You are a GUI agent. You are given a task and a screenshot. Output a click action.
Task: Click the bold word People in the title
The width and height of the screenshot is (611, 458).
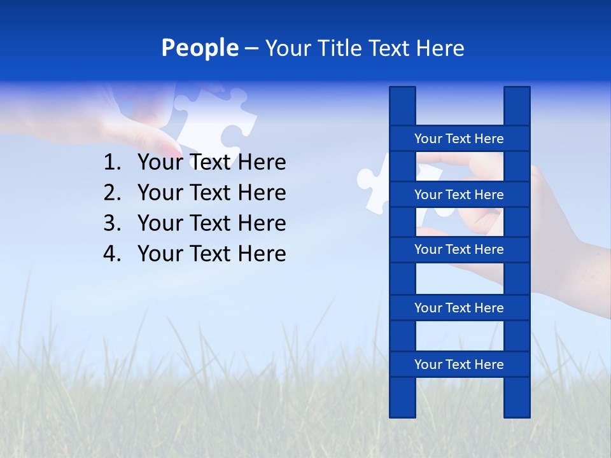tap(200, 48)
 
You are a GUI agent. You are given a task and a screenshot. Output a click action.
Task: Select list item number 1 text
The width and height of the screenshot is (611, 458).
tap(211, 162)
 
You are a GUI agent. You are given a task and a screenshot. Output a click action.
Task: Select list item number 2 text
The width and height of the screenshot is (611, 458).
tap(211, 193)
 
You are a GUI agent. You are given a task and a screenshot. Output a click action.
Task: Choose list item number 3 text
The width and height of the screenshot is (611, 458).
tap(211, 223)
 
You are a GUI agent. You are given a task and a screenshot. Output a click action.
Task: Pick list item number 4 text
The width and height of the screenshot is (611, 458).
tap(211, 254)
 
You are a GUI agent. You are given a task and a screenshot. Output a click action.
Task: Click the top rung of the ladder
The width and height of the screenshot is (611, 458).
tap(459, 139)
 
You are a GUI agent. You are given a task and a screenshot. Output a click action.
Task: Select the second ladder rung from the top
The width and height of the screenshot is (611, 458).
tap(459, 195)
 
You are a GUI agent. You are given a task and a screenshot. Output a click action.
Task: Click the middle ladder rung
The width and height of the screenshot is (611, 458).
tap(459, 249)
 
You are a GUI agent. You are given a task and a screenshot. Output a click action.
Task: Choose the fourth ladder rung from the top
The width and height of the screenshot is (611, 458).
tap(459, 308)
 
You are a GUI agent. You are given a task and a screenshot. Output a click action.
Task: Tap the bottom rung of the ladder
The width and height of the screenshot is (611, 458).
tap(459, 364)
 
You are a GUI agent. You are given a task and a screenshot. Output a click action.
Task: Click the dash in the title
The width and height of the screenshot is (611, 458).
tap(251, 49)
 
